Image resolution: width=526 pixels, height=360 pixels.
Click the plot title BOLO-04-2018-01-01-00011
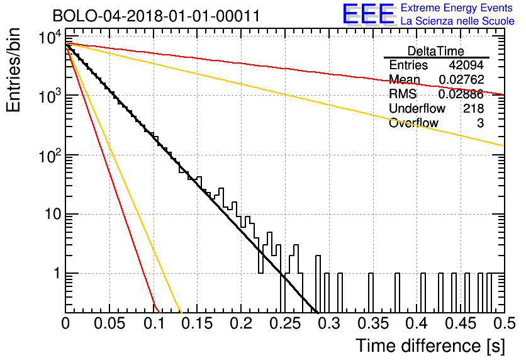coord(156,16)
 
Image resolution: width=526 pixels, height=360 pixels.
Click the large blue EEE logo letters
coord(368,14)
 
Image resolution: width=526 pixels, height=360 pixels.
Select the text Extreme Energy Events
coord(457,8)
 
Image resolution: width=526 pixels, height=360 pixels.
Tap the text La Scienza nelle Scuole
coord(457,21)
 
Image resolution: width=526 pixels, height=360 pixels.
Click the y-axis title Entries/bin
coord(14,70)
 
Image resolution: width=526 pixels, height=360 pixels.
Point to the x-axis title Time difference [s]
coord(430,346)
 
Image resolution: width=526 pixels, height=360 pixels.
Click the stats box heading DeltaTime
coord(436,51)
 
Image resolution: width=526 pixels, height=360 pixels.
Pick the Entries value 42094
coord(466,65)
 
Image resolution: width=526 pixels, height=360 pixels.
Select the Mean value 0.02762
coord(461,79)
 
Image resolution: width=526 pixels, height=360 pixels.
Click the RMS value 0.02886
coord(461,94)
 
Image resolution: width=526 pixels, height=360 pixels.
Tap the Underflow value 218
coord(473,108)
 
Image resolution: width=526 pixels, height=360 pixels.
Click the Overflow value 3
coord(480,123)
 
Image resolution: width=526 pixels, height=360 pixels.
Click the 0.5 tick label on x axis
coord(504,323)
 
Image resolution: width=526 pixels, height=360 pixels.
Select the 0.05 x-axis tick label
coord(109,323)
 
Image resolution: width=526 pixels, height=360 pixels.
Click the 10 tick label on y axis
coord(53,214)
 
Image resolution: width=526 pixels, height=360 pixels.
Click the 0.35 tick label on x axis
coord(373,323)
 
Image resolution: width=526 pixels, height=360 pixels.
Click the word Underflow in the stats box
coord(417,108)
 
